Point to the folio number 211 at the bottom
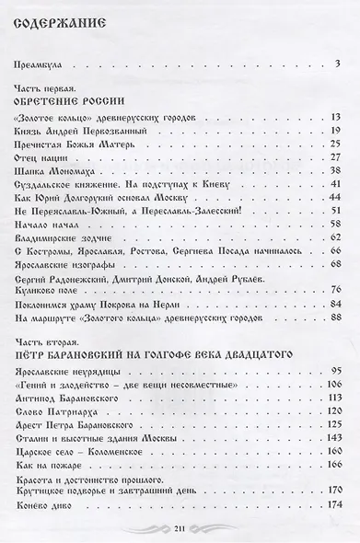coord(180,527)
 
